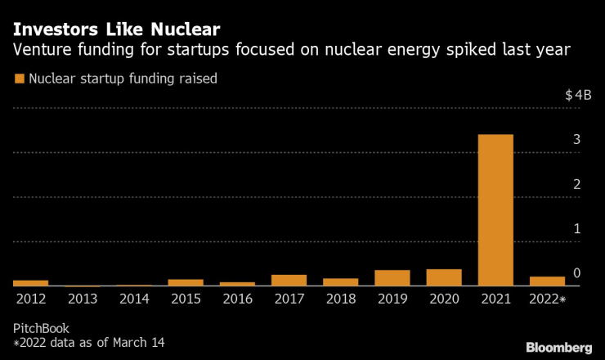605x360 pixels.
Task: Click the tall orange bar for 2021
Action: [x=495, y=210]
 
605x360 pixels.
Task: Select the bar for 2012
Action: [x=30, y=283]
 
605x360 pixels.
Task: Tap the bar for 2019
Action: [x=392, y=278]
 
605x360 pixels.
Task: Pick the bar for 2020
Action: [x=444, y=277]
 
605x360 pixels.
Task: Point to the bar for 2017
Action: [x=289, y=281]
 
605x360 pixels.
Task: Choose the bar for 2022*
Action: [x=547, y=281]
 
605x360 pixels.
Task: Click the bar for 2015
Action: [x=186, y=283]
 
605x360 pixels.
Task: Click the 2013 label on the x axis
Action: [x=83, y=300]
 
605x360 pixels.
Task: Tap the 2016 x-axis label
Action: [x=237, y=300]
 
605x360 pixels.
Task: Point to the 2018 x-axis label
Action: [x=340, y=300]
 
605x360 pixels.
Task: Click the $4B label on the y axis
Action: [x=578, y=96]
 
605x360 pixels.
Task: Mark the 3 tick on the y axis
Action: [x=576, y=140]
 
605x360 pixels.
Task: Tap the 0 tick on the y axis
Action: [x=576, y=273]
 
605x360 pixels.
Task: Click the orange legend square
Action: [x=18, y=79]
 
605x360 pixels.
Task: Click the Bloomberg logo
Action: [x=558, y=347]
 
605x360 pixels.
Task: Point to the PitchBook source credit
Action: [x=40, y=328]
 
